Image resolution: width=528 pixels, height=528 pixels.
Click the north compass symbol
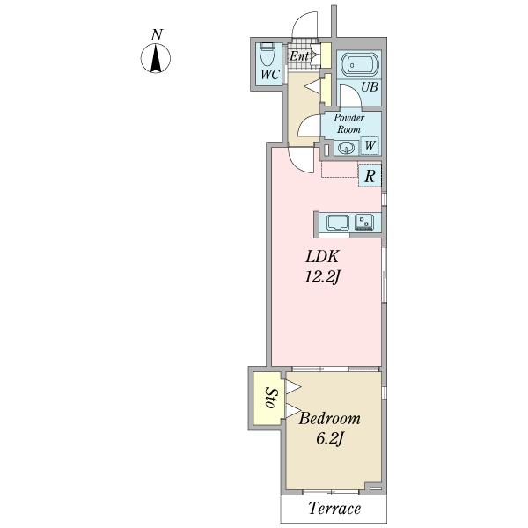point(156,58)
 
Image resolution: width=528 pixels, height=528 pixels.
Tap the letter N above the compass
point(157,34)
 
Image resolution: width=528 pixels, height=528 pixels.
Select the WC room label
point(270,75)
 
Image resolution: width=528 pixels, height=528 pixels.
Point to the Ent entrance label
point(299,56)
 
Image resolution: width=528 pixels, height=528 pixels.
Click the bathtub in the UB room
point(360,63)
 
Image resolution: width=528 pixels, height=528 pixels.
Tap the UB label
point(370,87)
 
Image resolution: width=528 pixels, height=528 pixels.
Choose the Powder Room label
point(348,123)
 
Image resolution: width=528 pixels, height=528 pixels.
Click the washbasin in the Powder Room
point(346,148)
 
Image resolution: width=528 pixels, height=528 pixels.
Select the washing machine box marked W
point(370,145)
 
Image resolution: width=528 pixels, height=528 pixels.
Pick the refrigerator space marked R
point(370,175)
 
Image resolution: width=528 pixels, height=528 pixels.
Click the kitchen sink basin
point(338,223)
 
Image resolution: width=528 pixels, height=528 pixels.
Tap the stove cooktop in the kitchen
point(364,223)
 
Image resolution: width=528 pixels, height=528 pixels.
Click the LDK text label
point(322,257)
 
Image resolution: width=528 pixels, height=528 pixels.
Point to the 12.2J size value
point(321,277)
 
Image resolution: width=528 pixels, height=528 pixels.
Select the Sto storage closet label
point(271,399)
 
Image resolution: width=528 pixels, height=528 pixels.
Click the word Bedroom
point(330,419)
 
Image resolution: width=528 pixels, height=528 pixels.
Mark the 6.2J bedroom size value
point(330,438)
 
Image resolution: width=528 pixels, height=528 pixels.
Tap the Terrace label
point(334,509)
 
